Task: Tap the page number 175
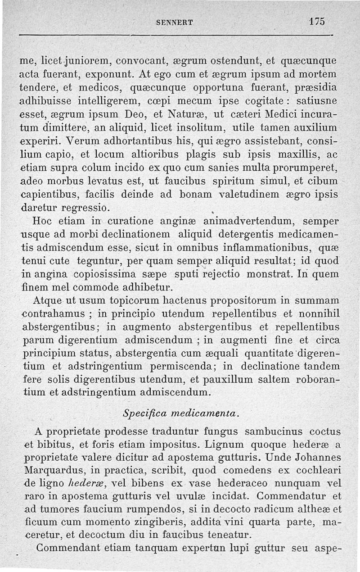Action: tap(317, 21)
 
